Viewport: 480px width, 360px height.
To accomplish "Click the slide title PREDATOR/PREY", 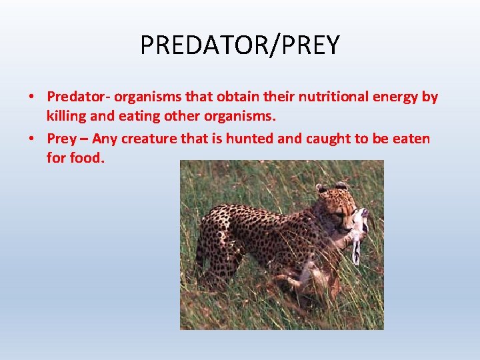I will [240, 45].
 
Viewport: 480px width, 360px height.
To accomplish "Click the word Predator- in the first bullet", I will [75, 97].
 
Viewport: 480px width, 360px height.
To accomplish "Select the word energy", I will [398, 97].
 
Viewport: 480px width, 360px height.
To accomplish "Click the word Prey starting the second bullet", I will [61, 139].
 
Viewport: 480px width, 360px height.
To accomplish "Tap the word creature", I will [150, 139].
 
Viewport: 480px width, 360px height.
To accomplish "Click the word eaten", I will [411, 139].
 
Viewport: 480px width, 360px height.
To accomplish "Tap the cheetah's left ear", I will [321, 189].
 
